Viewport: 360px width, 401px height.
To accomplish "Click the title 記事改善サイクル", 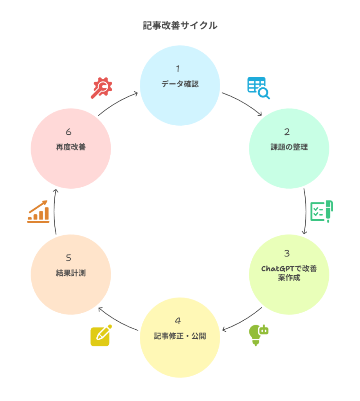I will tap(180, 26).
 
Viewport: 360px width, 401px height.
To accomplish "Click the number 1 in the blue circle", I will tap(178, 69).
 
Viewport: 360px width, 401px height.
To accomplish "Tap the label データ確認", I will tap(180, 84).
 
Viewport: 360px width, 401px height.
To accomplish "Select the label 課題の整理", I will tap(289, 147).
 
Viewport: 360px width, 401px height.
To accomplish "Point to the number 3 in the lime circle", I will tap(287, 253).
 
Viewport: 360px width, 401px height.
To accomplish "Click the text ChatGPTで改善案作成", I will tap(289, 273).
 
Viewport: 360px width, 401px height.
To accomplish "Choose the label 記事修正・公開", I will tap(180, 336).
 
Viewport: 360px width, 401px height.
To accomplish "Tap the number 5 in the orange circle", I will tap(69, 258).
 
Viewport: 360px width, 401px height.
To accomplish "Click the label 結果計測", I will tap(71, 273).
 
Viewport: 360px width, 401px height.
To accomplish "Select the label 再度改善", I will tap(71, 147).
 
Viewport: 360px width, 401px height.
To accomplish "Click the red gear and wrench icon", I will tap(101, 89).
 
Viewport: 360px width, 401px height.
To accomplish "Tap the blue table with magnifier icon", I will tap(258, 88).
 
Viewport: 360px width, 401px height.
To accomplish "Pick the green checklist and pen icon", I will tap(322, 211).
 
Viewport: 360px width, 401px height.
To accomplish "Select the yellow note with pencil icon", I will tap(101, 336).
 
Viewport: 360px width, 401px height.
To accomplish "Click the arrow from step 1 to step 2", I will tap(243, 103).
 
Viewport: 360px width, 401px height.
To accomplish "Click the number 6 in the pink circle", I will tap(69, 132).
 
